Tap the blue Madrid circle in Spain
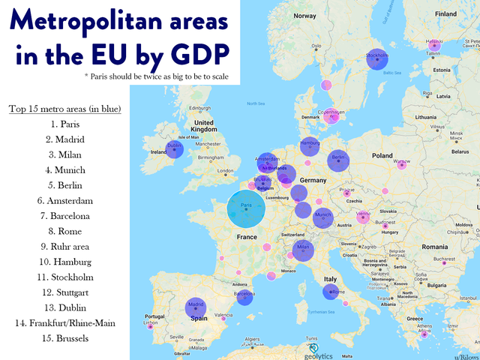[x=196, y=308]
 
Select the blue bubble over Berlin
[x=338, y=160]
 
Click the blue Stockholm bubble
[x=377, y=58]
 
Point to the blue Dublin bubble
[x=175, y=149]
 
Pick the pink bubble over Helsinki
[x=434, y=44]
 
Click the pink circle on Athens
[x=424, y=334]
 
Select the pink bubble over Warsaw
[x=402, y=164]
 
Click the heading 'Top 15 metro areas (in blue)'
[x=65, y=109]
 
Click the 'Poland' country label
[x=381, y=156]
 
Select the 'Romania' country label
[x=445, y=246]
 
